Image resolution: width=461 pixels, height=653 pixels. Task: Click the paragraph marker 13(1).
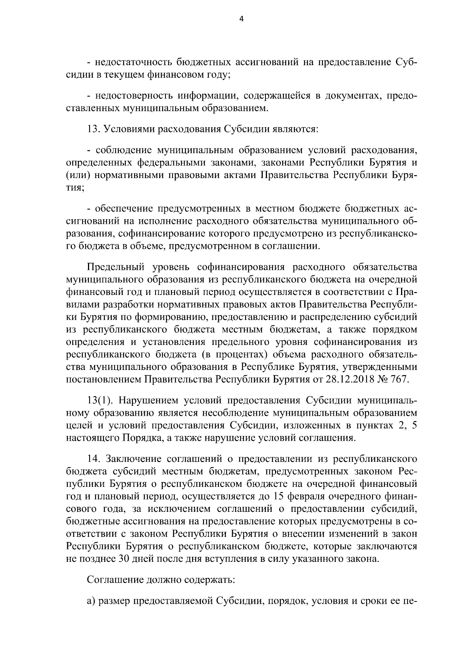coord(100,401)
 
